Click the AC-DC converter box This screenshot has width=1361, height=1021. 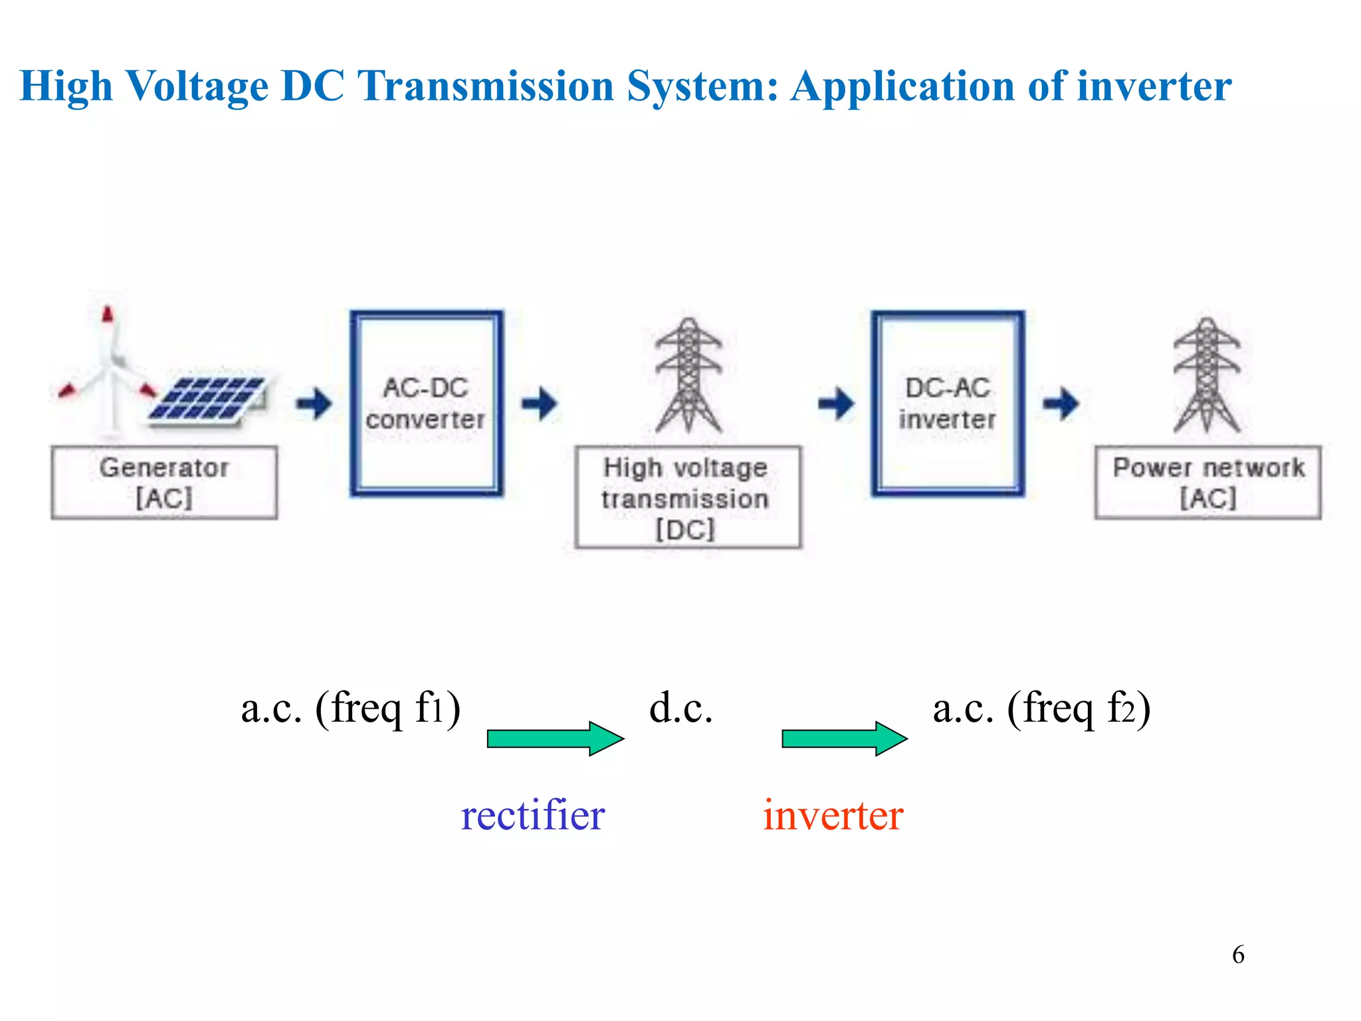tap(427, 403)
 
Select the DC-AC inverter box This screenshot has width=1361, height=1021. tap(948, 403)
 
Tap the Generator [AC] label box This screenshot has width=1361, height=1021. tap(164, 483)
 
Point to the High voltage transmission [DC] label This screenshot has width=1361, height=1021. tap(688, 497)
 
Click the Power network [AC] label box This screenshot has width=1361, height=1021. tap(1207, 483)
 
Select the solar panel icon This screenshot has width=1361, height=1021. tap(207, 399)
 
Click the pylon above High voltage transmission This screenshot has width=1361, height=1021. tap(688, 376)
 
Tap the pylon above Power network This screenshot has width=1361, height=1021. tap(1207, 376)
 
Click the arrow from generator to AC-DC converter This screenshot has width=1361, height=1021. tap(314, 403)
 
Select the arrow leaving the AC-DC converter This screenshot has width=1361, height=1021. tap(540, 403)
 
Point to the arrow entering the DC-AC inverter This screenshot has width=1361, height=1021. tap(836, 403)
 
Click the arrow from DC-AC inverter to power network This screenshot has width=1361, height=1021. tap(1061, 403)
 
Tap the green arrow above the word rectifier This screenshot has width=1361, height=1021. tap(555, 738)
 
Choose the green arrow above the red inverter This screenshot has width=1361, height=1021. tap(844, 738)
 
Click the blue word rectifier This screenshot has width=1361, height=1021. tap(533, 816)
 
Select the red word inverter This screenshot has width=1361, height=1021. tap(833, 816)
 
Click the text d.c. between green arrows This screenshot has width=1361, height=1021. tap(681, 709)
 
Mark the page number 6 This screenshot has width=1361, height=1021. tap(1238, 955)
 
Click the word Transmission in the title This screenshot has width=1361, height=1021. tap(485, 86)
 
